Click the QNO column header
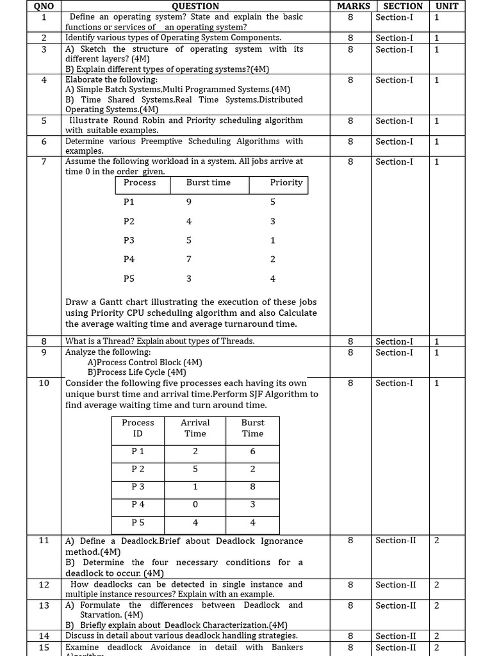click(44, 6)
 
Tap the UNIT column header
click(447, 6)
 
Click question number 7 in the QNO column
click(44, 161)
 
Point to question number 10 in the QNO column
click(44, 383)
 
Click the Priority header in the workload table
click(286, 183)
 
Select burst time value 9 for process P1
click(188, 202)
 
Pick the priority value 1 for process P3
click(273, 240)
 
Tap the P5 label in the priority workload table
click(129, 279)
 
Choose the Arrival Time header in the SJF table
click(195, 428)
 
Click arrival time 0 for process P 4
click(195, 504)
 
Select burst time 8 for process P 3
click(252, 486)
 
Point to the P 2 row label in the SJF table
click(138, 468)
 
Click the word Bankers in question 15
click(286, 647)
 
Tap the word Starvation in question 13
click(101, 615)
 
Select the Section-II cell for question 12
click(395, 584)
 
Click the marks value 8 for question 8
click(350, 341)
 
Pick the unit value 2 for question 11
click(436, 540)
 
